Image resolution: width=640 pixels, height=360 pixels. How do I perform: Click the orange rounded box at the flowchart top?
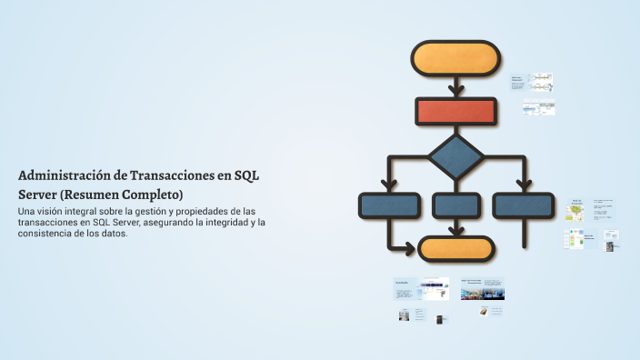click(x=455, y=58)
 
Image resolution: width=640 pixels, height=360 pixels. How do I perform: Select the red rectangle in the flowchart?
click(x=455, y=111)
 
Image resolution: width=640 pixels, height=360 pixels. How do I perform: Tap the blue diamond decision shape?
click(x=455, y=157)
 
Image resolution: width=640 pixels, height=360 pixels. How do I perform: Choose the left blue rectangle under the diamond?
click(x=390, y=205)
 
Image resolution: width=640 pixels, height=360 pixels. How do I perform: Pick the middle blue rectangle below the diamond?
click(x=455, y=205)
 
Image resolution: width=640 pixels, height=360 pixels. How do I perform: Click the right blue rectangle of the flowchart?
click(x=523, y=205)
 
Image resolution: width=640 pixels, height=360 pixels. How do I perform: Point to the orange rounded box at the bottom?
click(x=455, y=248)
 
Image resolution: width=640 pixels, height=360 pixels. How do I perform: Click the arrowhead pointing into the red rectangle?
click(x=455, y=91)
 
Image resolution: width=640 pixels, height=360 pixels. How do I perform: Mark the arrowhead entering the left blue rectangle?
click(x=390, y=185)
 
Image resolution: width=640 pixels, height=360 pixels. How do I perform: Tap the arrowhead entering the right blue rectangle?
click(x=523, y=185)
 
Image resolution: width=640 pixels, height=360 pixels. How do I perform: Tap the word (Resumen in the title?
click(x=91, y=195)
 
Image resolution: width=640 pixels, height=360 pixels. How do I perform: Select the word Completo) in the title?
click(x=154, y=195)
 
